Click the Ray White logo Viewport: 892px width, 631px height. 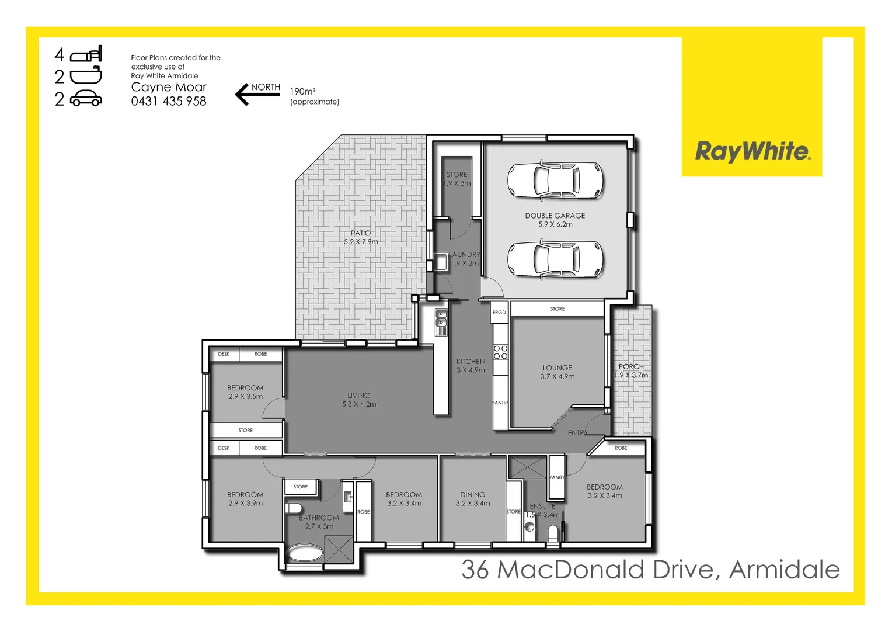752,151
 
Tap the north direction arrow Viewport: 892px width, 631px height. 257,93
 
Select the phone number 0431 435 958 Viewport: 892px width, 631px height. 169,101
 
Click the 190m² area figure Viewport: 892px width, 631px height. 303,92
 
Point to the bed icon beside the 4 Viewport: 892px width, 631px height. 86,54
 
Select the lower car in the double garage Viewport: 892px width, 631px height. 555,258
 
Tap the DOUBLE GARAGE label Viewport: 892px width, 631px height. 555,216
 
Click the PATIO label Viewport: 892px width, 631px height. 361,233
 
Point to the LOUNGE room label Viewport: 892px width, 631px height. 557,368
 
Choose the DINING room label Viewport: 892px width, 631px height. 472,494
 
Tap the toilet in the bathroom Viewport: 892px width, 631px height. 293,508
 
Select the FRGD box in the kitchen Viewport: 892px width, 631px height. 499,313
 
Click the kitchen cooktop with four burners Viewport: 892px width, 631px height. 500,352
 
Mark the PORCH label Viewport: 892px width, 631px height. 631,366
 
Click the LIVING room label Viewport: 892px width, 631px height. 358,396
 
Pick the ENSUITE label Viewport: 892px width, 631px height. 542,506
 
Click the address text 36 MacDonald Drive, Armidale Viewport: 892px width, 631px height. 650,570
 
